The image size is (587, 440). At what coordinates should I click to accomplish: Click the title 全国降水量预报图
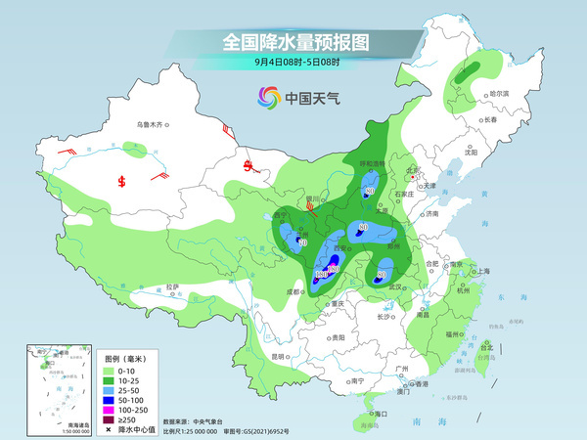coord(294,41)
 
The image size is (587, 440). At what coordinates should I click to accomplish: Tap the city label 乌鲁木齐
coord(153,124)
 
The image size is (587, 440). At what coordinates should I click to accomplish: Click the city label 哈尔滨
coord(500,93)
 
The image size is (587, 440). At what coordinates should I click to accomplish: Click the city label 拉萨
coord(173,286)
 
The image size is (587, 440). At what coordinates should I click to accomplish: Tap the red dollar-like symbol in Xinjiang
coord(122,181)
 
